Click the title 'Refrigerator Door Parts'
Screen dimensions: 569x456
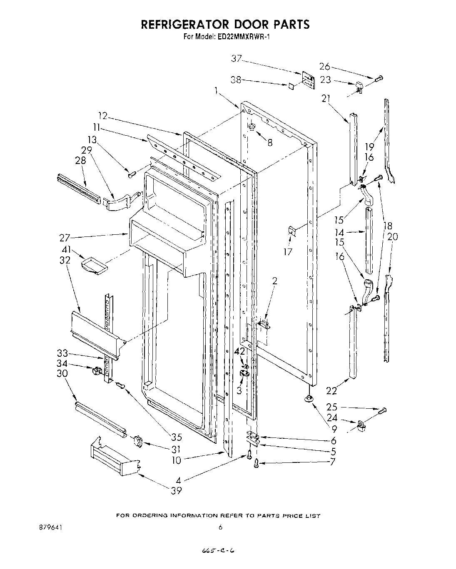[x=225, y=24]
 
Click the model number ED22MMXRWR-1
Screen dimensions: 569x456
[x=244, y=37]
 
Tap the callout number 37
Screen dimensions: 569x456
[x=237, y=59]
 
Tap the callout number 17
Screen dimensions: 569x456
[x=288, y=251]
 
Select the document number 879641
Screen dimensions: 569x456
[x=50, y=527]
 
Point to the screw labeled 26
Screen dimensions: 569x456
[x=379, y=78]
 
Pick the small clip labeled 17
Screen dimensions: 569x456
[x=292, y=231]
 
